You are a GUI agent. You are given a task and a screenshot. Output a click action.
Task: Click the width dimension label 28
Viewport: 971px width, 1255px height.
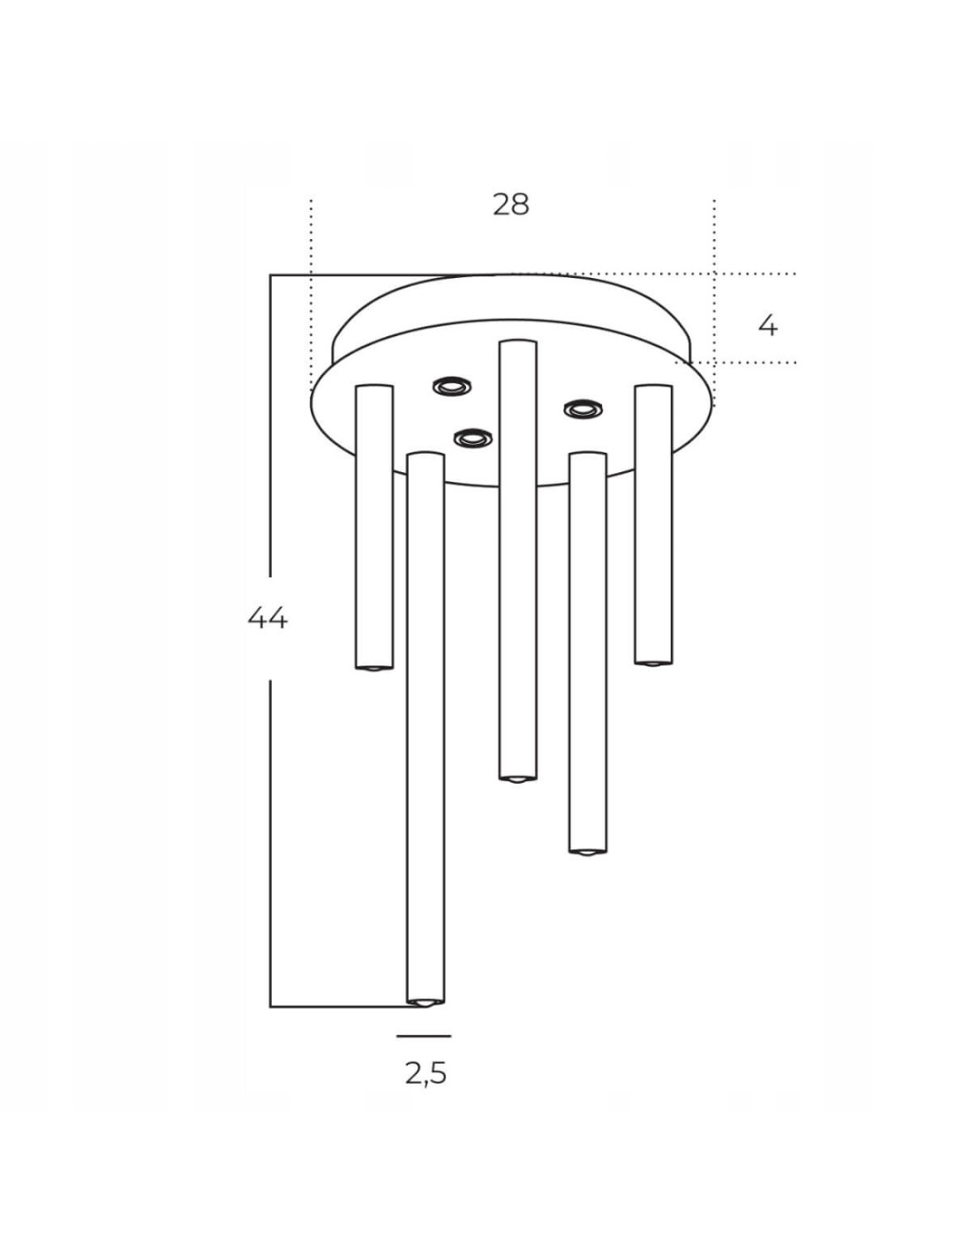(x=510, y=205)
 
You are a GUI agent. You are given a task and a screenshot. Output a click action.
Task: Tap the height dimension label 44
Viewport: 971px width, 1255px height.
(x=267, y=619)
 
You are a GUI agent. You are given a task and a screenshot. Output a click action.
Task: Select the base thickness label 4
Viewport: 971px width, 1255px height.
(x=768, y=327)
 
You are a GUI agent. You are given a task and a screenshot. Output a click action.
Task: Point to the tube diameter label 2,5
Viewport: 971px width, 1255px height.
(x=426, y=1074)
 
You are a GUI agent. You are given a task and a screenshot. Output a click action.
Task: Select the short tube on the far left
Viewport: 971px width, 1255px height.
(x=374, y=527)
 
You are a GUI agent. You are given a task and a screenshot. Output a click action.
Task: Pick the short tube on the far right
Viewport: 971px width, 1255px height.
(x=653, y=525)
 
